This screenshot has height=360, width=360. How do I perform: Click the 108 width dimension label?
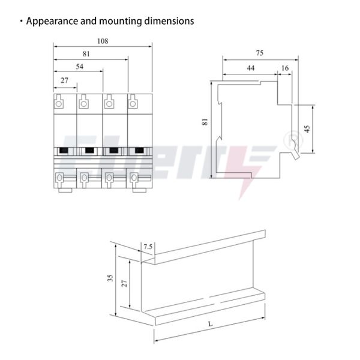click(103, 41)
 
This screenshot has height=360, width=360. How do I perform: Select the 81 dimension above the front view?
click(86, 54)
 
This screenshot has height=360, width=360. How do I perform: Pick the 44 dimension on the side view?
click(250, 68)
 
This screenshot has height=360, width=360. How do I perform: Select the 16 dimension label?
click(284, 68)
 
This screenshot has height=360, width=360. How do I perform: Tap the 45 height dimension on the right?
click(307, 128)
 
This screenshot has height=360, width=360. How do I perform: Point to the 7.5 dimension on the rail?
click(148, 247)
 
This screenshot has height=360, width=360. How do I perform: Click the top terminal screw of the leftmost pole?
click(59, 104)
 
